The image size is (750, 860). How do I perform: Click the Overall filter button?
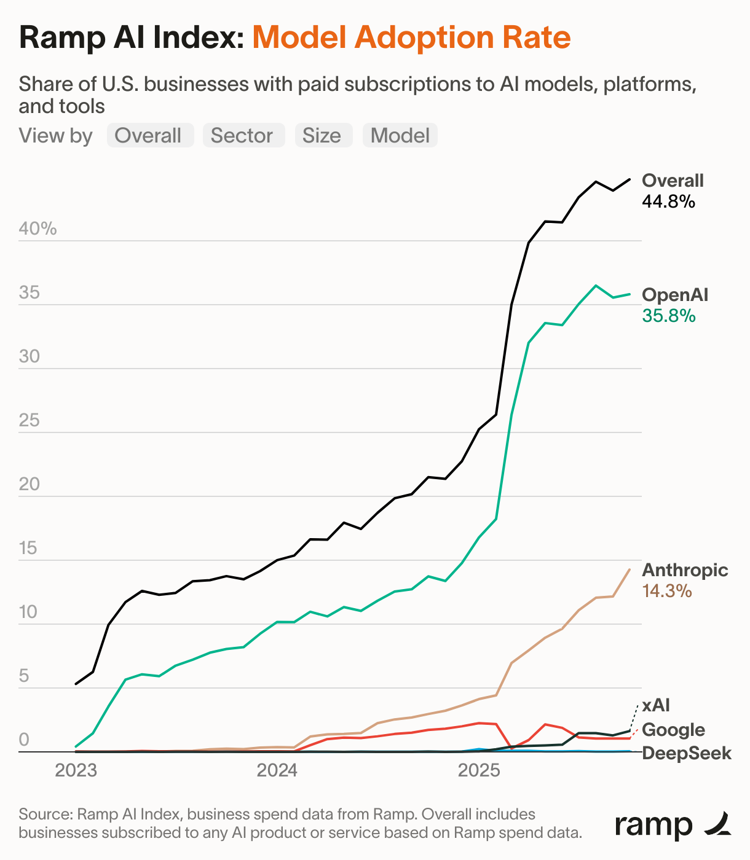click(150, 135)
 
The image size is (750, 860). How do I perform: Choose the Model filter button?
click(400, 135)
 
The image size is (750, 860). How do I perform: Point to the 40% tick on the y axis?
click(37, 229)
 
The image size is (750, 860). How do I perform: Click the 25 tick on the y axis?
click(29, 421)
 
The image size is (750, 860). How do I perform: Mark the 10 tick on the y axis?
click(29, 612)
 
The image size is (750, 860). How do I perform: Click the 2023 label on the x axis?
click(76, 770)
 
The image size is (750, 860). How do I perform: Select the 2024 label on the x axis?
click(277, 770)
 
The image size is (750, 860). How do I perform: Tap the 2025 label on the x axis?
click(479, 770)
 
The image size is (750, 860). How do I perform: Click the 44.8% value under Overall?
click(668, 201)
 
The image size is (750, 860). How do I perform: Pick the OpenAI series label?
click(675, 295)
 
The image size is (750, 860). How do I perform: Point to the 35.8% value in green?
click(668, 316)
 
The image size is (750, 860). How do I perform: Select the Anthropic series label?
click(685, 570)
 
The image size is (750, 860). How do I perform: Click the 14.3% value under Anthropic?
click(667, 591)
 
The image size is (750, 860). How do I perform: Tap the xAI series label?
click(656, 705)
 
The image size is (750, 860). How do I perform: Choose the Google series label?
click(673, 730)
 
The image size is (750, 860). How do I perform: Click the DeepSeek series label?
click(687, 753)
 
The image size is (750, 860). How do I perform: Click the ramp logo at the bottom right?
click(673, 825)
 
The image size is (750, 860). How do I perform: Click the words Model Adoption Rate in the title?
click(412, 37)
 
